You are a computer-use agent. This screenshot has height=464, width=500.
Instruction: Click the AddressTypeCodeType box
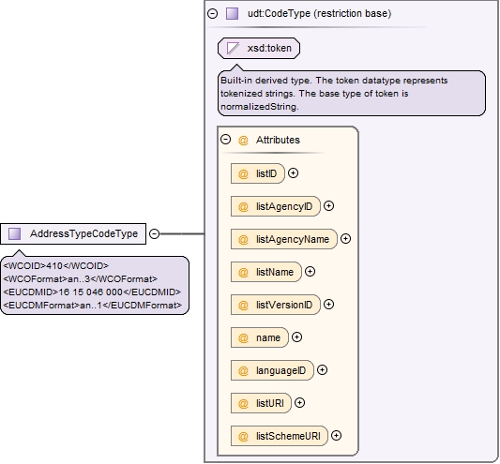tap(73, 234)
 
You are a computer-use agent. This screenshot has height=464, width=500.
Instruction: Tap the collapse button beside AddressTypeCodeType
tap(155, 234)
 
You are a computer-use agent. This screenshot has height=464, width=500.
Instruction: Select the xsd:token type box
tap(259, 48)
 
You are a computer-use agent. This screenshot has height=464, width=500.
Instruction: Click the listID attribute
tap(258, 173)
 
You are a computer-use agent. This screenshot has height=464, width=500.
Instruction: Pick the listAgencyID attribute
tap(276, 206)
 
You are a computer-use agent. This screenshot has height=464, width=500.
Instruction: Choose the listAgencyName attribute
tap(284, 239)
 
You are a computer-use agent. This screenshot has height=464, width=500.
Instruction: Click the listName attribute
tap(265, 272)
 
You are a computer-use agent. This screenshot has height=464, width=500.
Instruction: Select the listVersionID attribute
tap(276, 305)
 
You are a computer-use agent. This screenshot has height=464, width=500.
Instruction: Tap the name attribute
tap(260, 337)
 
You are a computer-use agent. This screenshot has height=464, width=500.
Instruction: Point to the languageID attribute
tap(272, 370)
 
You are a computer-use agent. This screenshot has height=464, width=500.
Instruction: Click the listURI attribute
tap(261, 403)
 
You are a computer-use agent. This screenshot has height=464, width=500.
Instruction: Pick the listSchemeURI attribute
tap(280, 436)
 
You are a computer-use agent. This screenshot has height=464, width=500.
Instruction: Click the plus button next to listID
tap(293, 173)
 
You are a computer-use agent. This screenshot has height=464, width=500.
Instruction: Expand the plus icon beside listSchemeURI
tap(337, 436)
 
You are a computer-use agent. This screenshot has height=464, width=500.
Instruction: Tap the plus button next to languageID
tap(323, 370)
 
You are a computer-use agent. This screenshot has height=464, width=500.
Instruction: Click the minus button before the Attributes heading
tap(225, 140)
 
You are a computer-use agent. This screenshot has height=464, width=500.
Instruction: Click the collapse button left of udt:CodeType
tap(212, 13)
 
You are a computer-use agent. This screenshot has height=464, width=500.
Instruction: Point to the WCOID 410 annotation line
tap(56, 266)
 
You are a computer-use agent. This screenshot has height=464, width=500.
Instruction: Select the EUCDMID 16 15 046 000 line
tap(92, 292)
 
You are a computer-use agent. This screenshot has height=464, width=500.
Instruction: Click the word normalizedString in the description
tap(260, 107)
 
